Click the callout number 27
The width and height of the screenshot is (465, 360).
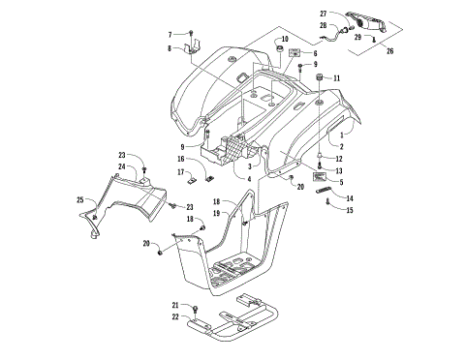click(x=324, y=14)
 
